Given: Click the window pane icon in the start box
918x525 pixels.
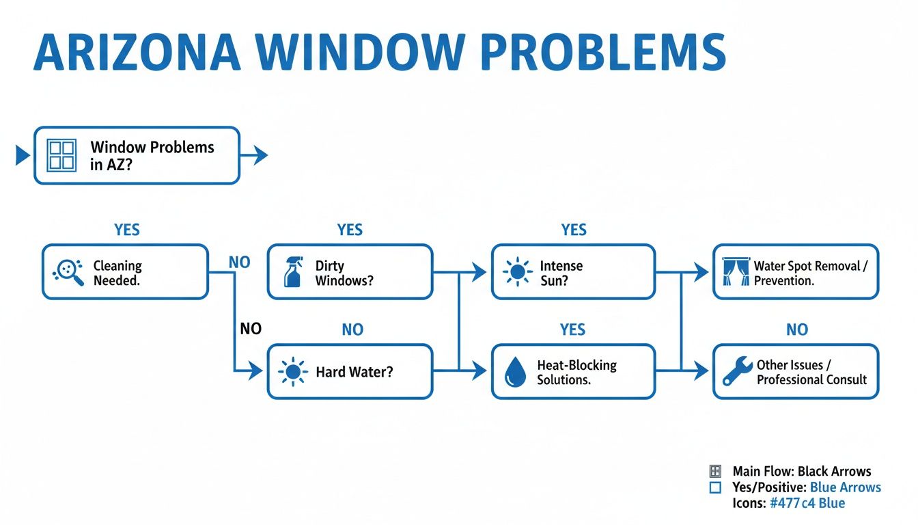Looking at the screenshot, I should click(x=62, y=155).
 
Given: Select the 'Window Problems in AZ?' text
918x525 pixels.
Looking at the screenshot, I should click(x=152, y=155).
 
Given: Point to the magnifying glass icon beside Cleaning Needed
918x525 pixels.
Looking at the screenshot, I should click(x=68, y=272).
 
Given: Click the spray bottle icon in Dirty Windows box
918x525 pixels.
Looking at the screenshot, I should click(x=292, y=273).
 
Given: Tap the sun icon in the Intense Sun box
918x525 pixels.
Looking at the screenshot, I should click(x=518, y=272).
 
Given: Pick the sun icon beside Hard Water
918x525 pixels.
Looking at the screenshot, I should click(x=293, y=373).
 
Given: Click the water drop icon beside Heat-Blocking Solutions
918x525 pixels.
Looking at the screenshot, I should click(x=514, y=373).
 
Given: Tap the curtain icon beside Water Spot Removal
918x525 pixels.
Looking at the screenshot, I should click(x=736, y=272).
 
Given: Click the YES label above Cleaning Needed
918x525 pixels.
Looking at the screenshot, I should click(x=127, y=230).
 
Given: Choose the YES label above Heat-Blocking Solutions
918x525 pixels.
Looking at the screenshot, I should click(x=572, y=330).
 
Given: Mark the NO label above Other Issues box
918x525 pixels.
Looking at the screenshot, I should click(x=797, y=330).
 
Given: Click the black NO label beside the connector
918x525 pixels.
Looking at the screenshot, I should click(x=251, y=329).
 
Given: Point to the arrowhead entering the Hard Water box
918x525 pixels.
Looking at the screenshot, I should click(x=256, y=372).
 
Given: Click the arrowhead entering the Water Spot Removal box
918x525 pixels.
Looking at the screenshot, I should click(x=701, y=273).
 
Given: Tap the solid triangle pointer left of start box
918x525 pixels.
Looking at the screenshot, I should click(x=23, y=155).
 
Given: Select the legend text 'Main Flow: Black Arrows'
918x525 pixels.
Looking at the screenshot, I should click(x=801, y=471).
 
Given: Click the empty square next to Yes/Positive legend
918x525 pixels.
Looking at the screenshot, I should click(x=716, y=487).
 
